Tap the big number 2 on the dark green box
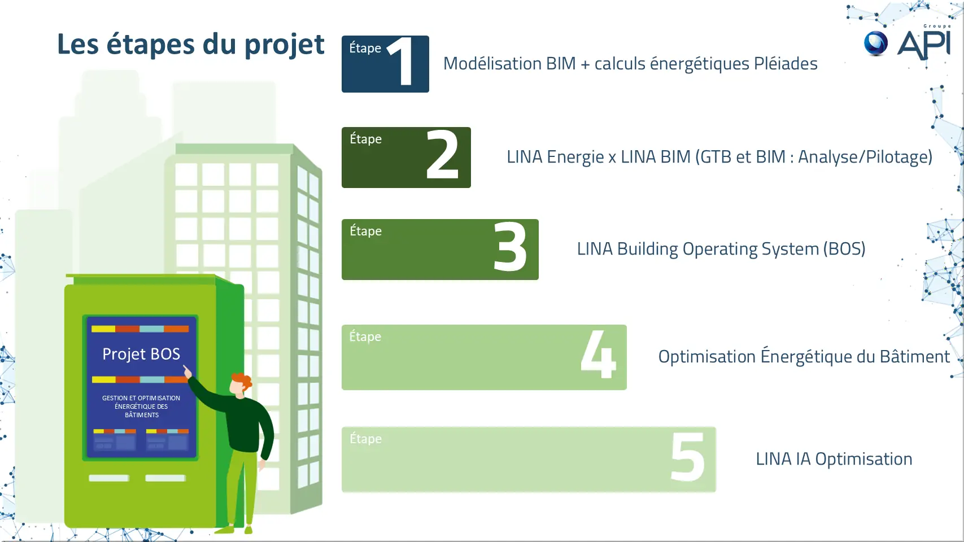(442, 154)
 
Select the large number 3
(510, 247)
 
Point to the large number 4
(598, 353)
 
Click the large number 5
(688, 457)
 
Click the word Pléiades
(786, 64)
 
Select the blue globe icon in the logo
(876, 43)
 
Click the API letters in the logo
(924, 44)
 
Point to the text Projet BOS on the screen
(141, 354)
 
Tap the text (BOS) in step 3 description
(844, 249)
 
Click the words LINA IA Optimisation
(834, 459)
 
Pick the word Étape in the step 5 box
(365, 439)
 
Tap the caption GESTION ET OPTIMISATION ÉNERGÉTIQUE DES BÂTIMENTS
(141, 406)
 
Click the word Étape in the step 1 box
(365, 48)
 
